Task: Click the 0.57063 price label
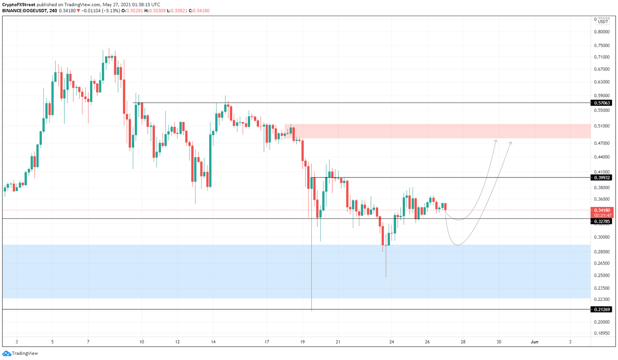(x=602, y=103)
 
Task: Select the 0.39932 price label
(x=602, y=177)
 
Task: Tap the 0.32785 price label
(x=602, y=221)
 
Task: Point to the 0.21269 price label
(x=602, y=309)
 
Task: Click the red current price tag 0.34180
(x=602, y=210)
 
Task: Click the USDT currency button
(x=603, y=22)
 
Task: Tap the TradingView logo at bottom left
(x=20, y=353)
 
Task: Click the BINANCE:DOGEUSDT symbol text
(x=24, y=11)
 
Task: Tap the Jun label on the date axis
(x=534, y=342)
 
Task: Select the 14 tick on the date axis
(x=213, y=342)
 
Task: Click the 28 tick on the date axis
(x=463, y=342)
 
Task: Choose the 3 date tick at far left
(x=16, y=342)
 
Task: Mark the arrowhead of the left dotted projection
(x=496, y=140)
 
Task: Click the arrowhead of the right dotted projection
(x=511, y=142)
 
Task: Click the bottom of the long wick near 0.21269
(x=311, y=310)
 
